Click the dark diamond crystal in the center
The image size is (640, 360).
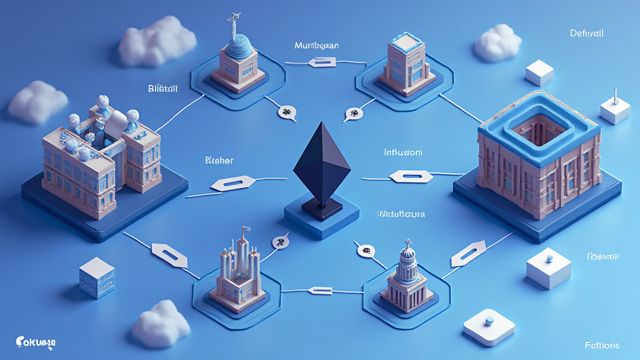pyautogui.click(x=321, y=164)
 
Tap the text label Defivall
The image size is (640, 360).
pyautogui.click(x=587, y=33)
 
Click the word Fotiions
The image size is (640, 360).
pyautogui.click(x=602, y=345)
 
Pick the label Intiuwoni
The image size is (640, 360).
pyautogui.click(x=402, y=152)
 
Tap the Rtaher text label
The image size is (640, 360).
pyautogui.click(x=219, y=161)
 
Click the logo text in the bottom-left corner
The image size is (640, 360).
pyautogui.click(x=36, y=342)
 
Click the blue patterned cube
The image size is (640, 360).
pyautogui.click(x=97, y=277)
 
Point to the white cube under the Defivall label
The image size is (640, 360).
pyautogui.click(x=539, y=72)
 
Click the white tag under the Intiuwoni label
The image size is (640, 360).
pyautogui.click(x=411, y=177)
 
